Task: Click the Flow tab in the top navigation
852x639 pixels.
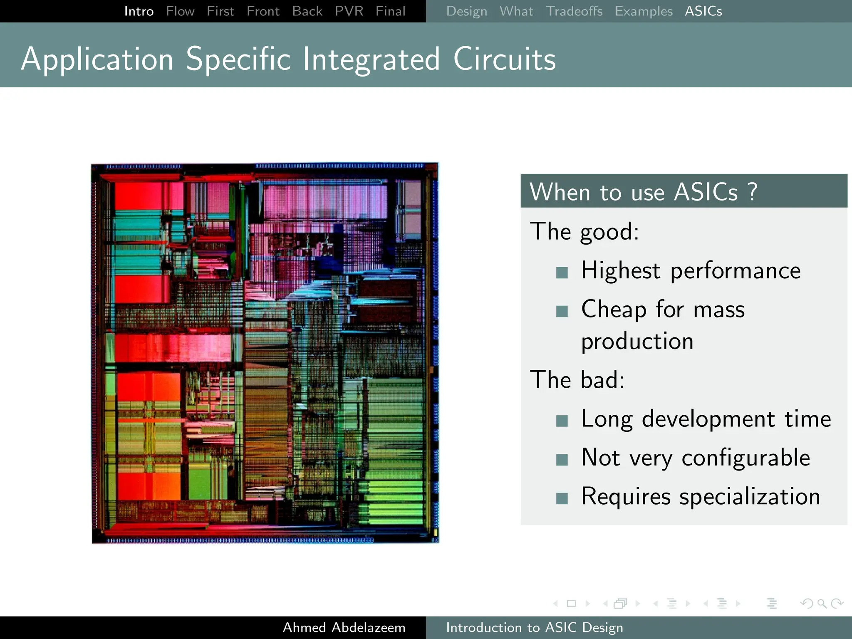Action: [x=180, y=11]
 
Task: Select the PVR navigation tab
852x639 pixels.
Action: [x=349, y=11]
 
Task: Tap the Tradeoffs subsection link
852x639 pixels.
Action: [x=574, y=11]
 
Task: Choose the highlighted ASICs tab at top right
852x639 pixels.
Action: [x=703, y=11]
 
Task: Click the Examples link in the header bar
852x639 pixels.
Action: [x=644, y=11]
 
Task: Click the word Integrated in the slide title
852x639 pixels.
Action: [x=371, y=59]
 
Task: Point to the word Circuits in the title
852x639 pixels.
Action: [x=504, y=59]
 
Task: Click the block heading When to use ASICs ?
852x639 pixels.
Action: [x=643, y=192]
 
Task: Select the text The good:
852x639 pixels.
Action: [x=584, y=231]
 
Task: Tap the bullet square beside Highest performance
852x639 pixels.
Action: [x=562, y=273]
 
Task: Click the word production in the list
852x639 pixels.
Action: [x=637, y=341]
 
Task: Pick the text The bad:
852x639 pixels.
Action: [x=577, y=379]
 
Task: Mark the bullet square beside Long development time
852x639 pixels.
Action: [x=562, y=421]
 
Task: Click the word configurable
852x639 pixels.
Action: [x=745, y=458]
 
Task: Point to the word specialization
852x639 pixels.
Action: [x=750, y=496]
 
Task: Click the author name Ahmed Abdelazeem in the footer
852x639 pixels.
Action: [x=344, y=627]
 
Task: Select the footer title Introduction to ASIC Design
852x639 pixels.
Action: [x=534, y=627]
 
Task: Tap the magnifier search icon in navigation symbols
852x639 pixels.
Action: [x=822, y=603]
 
